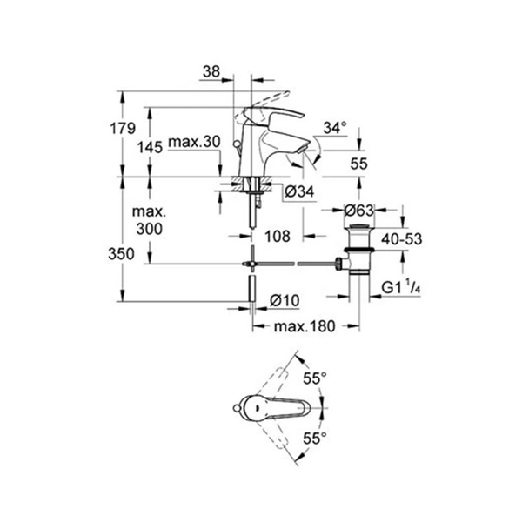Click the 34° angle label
[335, 128]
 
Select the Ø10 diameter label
[285, 299]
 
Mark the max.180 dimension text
[305, 327]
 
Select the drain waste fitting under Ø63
[356, 248]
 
